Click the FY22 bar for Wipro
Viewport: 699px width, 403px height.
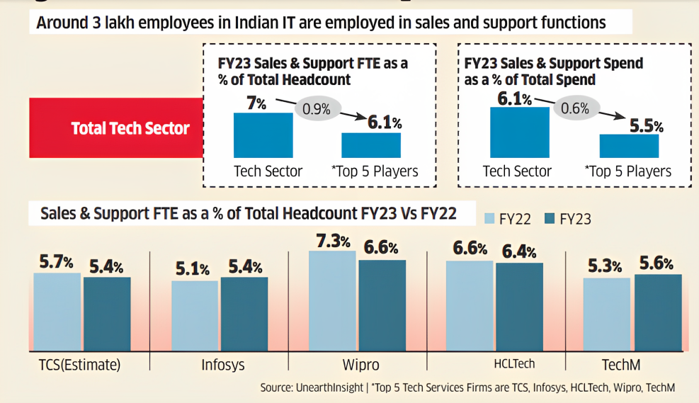tap(332, 301)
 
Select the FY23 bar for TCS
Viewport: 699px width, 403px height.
tap(107, 314)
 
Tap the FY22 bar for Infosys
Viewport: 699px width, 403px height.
tap(195, 316)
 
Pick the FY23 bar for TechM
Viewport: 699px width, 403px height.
tap(658, 312)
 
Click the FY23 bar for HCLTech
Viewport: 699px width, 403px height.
tap(519, 307)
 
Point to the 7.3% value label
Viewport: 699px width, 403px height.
tap(332, 241)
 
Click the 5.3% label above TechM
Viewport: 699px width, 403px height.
tap(606, 266)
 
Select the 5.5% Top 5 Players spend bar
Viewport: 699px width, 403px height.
tap(629, 145)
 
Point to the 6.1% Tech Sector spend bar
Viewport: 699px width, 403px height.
tap(519, 132)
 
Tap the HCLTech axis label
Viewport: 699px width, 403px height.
tap(513, 364)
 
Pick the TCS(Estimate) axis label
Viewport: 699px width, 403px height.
tap(80, 365)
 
